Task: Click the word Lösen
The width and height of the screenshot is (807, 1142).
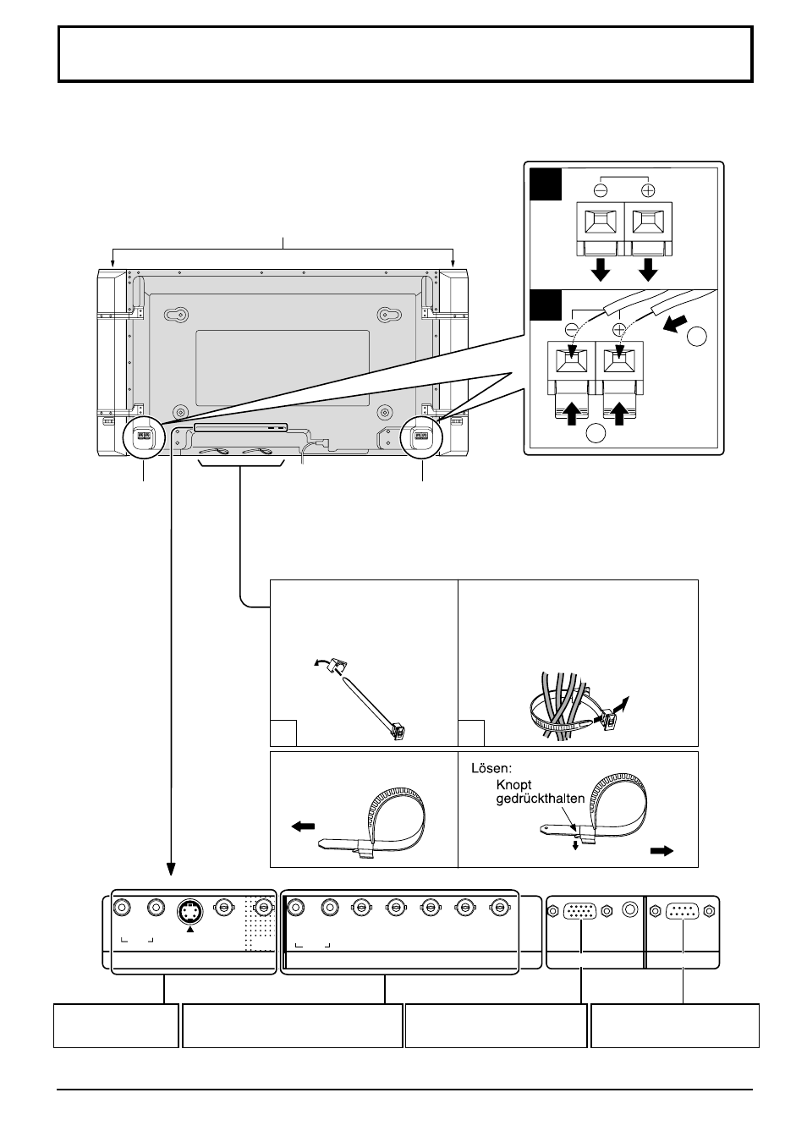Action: point(491,768)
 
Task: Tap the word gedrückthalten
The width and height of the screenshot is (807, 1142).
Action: point(540,799)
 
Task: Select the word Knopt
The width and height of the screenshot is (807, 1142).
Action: point(513,785)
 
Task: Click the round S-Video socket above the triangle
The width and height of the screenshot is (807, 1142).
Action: point(189,912)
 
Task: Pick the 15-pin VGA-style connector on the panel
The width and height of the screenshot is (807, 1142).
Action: point(580,911)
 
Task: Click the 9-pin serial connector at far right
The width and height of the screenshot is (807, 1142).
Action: point(682,911)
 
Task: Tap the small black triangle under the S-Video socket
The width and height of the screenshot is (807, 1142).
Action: point(190,930)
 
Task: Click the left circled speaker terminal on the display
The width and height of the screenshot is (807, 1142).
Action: point(145,436)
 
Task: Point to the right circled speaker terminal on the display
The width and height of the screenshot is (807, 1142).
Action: point(421,436)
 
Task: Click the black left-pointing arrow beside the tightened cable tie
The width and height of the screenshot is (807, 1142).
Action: point(303,827)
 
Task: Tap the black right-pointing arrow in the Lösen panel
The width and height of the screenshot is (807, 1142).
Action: point(662,850)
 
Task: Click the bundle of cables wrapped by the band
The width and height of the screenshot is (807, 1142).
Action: point(561,706)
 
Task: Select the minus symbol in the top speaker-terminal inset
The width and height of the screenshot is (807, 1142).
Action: point(601,190)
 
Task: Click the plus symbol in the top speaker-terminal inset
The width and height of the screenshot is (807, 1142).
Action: point(648,190)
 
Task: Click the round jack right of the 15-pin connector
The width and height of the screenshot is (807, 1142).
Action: point(630,910)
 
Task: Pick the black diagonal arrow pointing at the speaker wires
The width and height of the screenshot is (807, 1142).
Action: point(676,324)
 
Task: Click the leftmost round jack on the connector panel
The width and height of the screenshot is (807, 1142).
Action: point(122,908)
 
